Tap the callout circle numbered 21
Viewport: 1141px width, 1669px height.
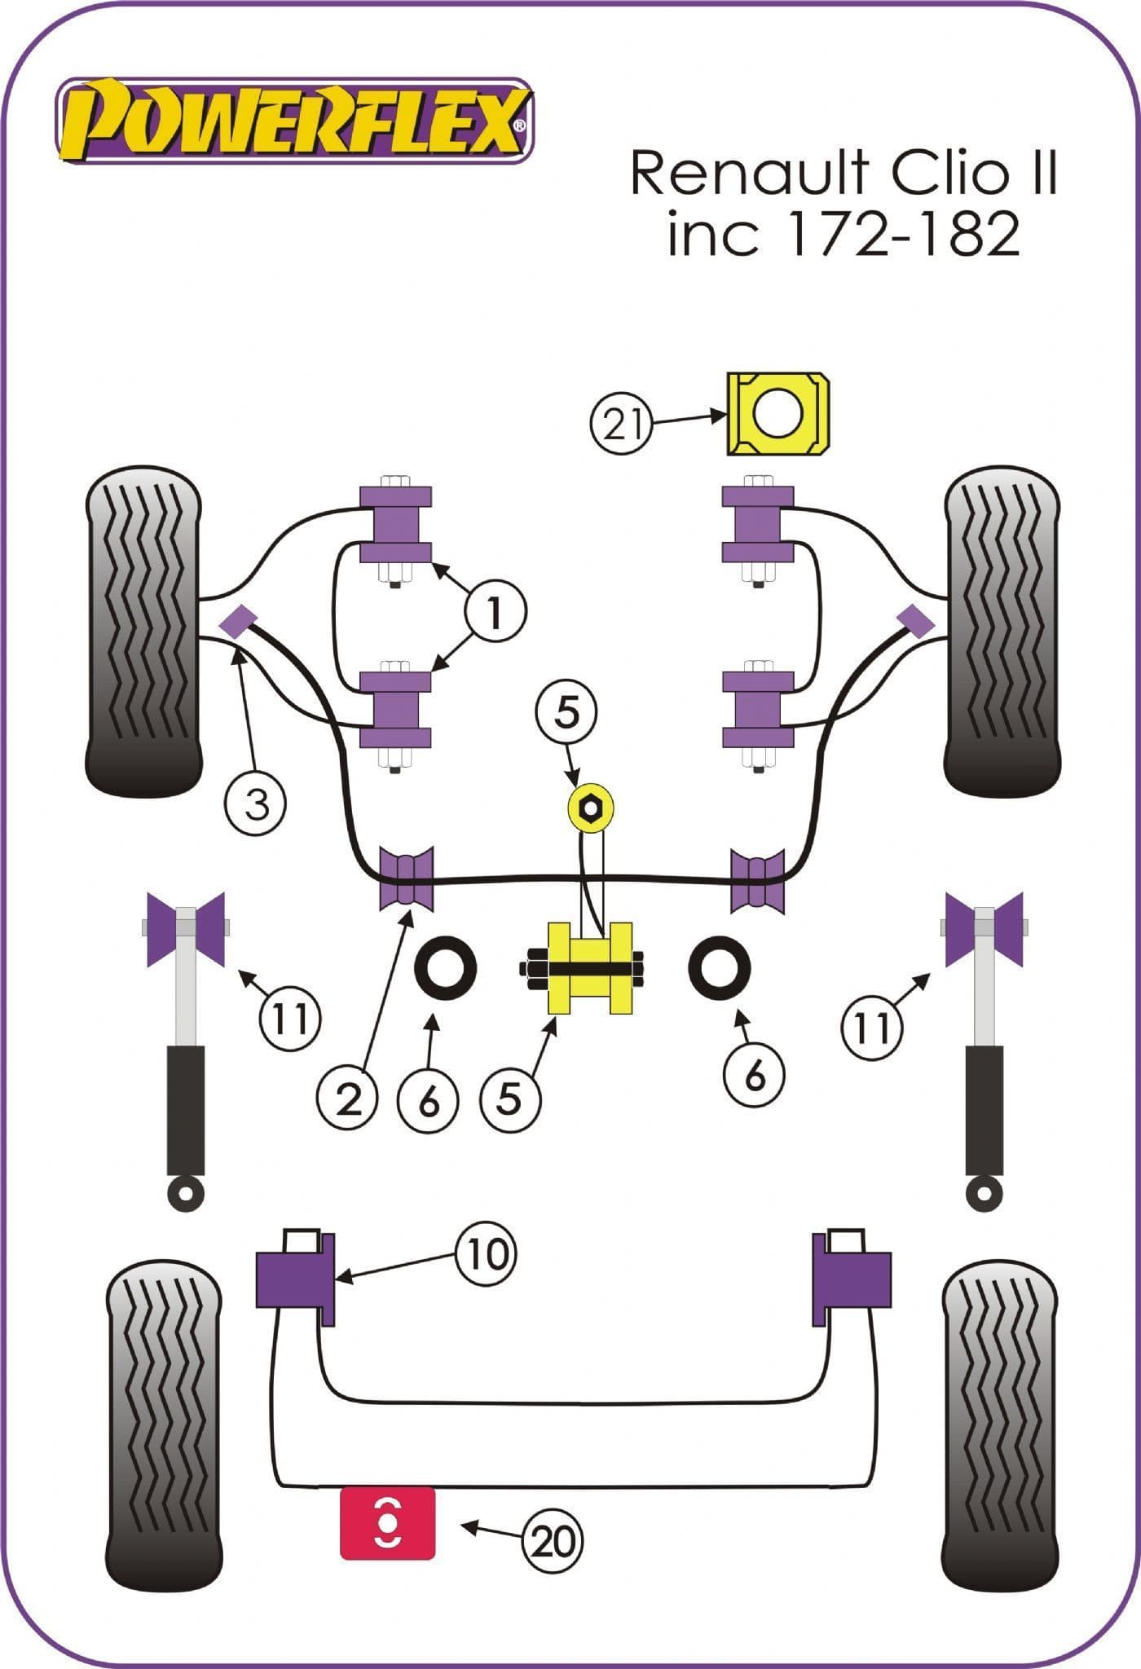[623, 423]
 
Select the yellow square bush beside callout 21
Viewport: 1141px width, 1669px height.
[778, 413]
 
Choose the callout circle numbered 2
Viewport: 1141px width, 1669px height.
[348, 1100]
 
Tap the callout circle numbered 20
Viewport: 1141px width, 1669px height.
[555, 1540]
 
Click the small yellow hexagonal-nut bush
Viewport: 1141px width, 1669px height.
[590, 808]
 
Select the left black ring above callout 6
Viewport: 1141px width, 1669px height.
[446, 969]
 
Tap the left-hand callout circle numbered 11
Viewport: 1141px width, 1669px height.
[291, 1017]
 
